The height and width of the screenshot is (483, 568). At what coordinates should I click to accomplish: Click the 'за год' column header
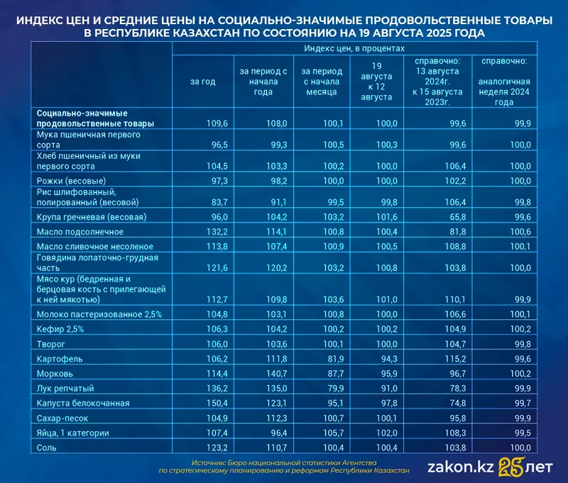coord(202,82)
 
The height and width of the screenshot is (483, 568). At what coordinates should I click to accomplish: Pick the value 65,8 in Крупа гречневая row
coord(443,216)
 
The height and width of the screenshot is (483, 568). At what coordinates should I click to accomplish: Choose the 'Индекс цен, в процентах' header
coord(354,48)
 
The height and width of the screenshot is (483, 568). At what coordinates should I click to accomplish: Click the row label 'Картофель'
coord(59,358)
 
